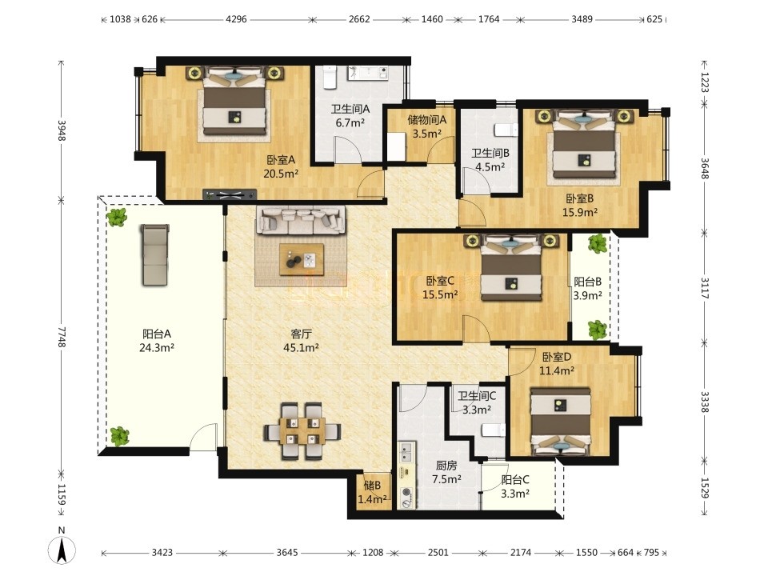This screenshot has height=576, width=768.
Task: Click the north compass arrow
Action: (62, 550)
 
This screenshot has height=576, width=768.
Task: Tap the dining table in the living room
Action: (302, 431)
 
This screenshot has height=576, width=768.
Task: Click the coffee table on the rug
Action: (302, 259)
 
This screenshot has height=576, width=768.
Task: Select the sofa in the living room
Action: (301, 220)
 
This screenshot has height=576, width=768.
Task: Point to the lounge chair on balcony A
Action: (155, 254)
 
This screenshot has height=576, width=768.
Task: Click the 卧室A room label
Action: (281, 160)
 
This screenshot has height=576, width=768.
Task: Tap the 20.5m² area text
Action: (281, 174)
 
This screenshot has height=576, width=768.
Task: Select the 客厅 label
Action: (301, 334)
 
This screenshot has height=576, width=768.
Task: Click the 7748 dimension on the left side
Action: (62, 337)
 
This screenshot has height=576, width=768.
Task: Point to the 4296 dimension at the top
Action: (236, 19)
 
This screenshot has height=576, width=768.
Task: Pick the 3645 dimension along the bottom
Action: (286, 553)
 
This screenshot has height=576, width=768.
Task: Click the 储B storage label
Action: (372, 486)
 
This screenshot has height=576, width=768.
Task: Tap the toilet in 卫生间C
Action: (494, 430)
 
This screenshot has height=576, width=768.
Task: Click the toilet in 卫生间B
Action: (506, 130)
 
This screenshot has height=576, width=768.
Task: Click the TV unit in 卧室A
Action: (230, 194)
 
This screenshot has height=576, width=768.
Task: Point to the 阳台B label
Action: (587, 282)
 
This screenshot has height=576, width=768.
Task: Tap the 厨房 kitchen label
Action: (446, 466)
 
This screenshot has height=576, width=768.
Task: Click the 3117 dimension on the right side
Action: (704, 288)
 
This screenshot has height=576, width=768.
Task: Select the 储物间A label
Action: (427, 119)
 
